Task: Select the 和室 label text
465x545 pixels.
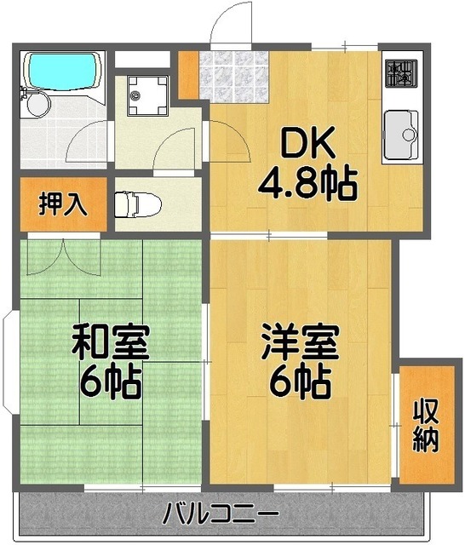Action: (x=110, y=344)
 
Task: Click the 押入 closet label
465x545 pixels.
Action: (x=60, y=206)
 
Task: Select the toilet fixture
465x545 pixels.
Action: (x=135, y=204)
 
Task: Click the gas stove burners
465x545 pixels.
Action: (x=399, y=74)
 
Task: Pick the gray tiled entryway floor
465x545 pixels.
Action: (x=233, y=76)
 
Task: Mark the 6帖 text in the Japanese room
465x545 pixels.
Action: (x=110, y=384)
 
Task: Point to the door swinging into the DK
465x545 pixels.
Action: (x=228, y=145)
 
